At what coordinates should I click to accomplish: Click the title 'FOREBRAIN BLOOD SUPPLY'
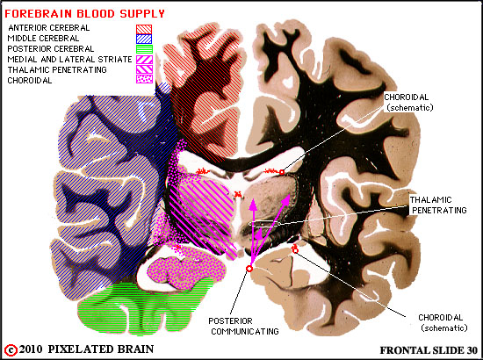click(x=84, y=14)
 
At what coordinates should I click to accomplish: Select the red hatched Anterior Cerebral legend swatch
click(x=144, y=29)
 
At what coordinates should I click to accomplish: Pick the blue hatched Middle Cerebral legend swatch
click(x=144, y=40)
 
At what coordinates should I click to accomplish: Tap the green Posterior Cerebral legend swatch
click(x=144, y=49)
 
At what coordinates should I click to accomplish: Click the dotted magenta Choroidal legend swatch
click(x=144, y=79)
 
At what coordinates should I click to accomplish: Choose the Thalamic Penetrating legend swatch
click(x=144, y=69)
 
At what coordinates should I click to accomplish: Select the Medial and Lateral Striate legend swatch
click(x=144, y=60)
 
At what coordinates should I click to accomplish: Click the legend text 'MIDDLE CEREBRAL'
click(x=43, y=39)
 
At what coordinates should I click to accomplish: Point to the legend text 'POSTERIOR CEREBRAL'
click(x=51, y=49)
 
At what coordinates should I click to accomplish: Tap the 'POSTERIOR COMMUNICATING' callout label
click(x=243, y=326)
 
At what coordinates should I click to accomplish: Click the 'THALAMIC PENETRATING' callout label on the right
click(x=437, y=205)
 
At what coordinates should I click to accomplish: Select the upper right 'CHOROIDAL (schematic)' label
click(x=408, y=102)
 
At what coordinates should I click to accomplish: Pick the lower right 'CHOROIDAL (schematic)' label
click(x=443, y=322)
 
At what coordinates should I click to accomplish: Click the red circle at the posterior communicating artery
click(x=249, y=269)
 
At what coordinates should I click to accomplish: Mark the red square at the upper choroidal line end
click(x=282, y=172)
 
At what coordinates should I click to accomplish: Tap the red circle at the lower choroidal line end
click(x=295, y=250)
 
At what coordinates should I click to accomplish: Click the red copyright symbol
click(x=11, y=350)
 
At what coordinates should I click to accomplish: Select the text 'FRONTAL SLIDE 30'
click(x=429, y=350)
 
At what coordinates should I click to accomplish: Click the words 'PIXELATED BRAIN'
click(x=101, y=349)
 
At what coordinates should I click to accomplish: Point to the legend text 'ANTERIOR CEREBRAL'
click(x=49, y=28)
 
